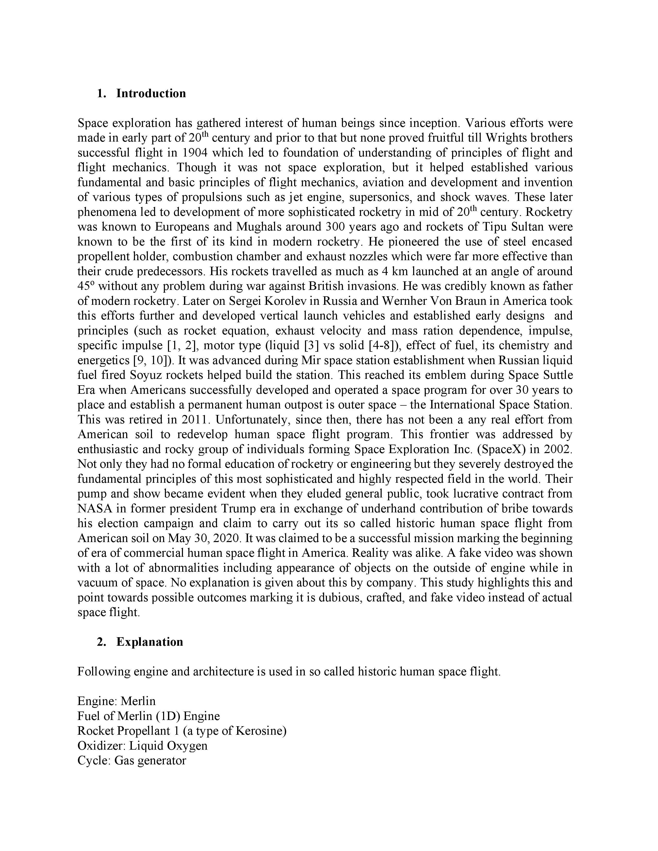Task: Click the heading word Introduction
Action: [x=151, y=94]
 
